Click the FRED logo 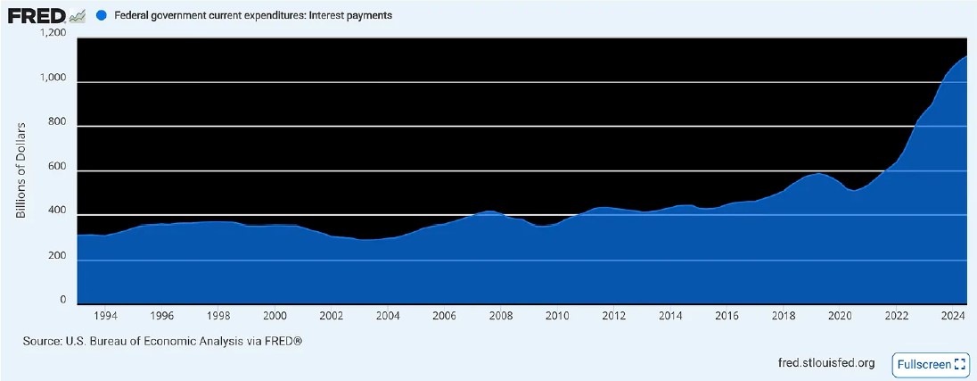click(46, 15)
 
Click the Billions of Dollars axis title click(21, 170)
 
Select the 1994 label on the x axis click(105, 316)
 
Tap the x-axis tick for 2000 click(275, 316)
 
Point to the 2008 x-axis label click(501, 316)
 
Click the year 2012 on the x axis click(613, 316)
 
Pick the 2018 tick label click(783, 316)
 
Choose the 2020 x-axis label click(840, 316)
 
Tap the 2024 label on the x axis click(952, 316)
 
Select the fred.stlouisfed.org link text click(826, 363)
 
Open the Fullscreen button click(931, 363)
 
